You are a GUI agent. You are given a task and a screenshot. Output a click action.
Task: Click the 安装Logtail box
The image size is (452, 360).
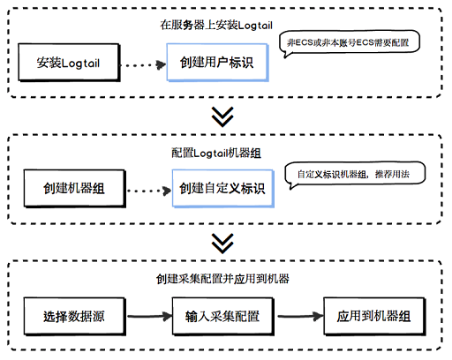point(69,63)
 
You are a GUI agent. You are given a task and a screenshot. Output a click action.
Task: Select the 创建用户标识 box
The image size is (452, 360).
point(217,63)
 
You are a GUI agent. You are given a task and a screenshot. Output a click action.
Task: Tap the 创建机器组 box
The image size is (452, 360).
point(75,189)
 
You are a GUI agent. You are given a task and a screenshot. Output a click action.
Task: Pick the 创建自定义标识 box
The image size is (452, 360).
point(223,189)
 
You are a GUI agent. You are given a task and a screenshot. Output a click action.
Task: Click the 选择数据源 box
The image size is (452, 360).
point(75,317)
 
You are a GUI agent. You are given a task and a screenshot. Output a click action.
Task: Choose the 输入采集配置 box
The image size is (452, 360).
point(223,317)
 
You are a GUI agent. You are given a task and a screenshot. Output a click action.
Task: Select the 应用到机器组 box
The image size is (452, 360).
point(374,317)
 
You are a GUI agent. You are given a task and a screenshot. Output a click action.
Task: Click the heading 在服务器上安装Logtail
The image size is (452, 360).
point(216,26)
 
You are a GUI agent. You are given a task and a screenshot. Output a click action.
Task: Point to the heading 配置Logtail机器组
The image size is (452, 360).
point(216,153)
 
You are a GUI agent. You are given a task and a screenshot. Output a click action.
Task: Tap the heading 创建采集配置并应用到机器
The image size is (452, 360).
point(222,279)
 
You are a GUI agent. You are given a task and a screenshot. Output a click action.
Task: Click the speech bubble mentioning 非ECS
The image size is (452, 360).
point(350,43)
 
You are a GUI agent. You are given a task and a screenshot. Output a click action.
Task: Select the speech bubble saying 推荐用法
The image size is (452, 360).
point(355,175)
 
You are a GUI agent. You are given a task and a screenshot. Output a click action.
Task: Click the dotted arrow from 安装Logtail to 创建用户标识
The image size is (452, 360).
point(144,64)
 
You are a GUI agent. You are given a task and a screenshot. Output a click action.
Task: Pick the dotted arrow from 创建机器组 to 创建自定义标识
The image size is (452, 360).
point(149,191)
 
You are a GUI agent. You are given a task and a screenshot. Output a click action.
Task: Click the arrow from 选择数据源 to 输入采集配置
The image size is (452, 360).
point(149,317)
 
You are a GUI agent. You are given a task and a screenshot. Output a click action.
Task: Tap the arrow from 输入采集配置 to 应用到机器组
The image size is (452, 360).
point(300,317)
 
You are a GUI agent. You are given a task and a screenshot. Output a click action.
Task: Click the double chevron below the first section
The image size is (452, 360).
point(222,116)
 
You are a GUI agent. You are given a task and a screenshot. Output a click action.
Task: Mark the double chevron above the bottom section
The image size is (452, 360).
point(222,244)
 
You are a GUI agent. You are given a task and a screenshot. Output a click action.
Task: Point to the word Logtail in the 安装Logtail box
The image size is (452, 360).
point(80,64)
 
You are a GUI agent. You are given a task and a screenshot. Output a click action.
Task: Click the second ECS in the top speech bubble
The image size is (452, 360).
point(365,43)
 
